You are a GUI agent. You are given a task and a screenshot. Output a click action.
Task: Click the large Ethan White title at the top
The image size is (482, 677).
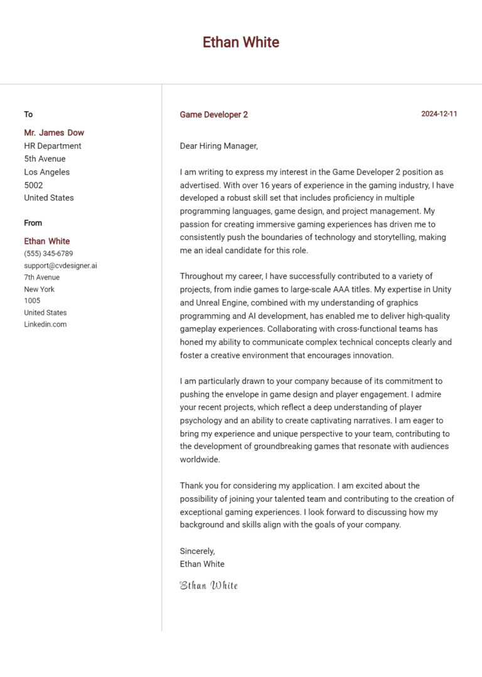241,42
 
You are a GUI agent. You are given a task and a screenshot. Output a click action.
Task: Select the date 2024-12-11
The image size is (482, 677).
439,114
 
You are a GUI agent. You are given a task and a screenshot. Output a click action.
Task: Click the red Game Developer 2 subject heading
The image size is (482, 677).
213,115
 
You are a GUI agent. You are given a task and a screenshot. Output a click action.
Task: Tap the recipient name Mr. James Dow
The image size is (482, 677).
54,133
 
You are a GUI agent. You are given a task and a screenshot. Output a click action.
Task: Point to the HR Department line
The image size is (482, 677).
53,146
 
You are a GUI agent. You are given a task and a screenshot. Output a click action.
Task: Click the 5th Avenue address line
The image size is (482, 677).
45,159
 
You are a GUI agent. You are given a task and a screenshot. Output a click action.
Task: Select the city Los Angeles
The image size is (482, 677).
47,172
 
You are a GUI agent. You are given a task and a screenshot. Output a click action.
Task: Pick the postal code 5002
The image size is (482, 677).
33,185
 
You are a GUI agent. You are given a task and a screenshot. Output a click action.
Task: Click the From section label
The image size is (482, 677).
33,223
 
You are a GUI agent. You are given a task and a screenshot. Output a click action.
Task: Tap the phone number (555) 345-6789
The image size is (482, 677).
48,254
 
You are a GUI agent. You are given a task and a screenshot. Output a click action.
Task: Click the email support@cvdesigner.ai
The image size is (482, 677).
60,266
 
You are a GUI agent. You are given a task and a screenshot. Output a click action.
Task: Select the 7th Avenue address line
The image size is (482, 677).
42,278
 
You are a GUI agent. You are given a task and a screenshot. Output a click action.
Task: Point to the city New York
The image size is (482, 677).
40,290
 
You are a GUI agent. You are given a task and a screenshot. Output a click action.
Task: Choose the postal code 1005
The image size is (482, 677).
32,301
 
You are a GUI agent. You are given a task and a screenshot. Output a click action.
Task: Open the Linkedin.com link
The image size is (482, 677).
45,325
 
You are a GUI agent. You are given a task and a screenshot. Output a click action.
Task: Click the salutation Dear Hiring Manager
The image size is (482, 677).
218,146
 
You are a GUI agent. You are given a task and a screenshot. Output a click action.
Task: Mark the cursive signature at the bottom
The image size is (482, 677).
209,586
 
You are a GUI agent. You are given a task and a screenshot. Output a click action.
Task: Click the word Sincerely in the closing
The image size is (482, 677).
197,551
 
